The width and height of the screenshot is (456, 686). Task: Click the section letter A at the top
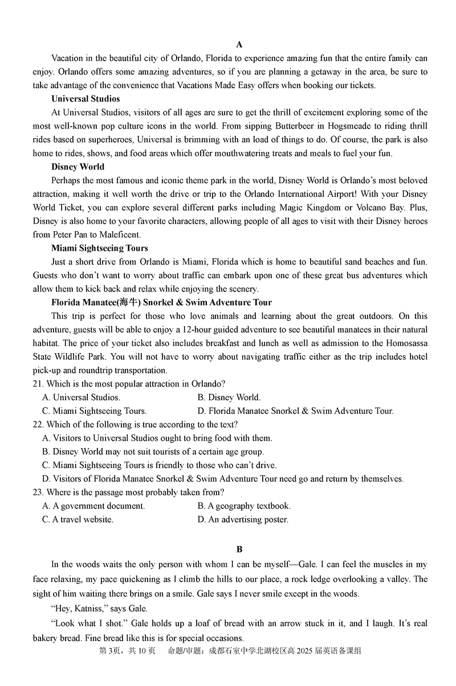point(239,44)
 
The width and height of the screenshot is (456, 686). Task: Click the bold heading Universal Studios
point(85,98)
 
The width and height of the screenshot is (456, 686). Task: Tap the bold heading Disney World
point(78,167)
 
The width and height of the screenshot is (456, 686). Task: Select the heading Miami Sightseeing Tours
point(99,248)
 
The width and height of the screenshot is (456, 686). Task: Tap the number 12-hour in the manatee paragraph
point(201,330)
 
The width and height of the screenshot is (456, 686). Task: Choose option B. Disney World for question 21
point(229,397)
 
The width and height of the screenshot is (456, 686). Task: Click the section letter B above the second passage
point(239,549)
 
